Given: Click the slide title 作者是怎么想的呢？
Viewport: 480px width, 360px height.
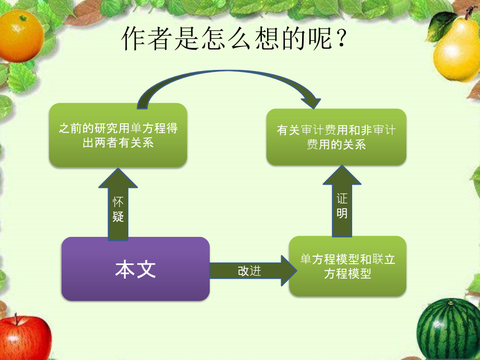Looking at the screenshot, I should click(234, 40).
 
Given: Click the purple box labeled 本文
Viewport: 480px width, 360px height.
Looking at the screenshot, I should click(136, 269).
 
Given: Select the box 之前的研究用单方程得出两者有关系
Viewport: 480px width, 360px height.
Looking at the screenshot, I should click(118, 135).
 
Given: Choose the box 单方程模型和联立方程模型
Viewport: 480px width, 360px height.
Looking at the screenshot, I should click(347, 266).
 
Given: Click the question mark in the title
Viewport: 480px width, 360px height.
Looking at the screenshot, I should click(341, 40).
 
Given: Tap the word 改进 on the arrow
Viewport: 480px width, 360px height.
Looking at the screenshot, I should click(249, 271).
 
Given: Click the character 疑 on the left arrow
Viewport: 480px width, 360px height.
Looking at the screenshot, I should click(118, 216).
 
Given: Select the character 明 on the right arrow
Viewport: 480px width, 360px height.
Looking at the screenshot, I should click(342, 213).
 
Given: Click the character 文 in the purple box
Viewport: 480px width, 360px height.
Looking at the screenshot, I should click(146, 269).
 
